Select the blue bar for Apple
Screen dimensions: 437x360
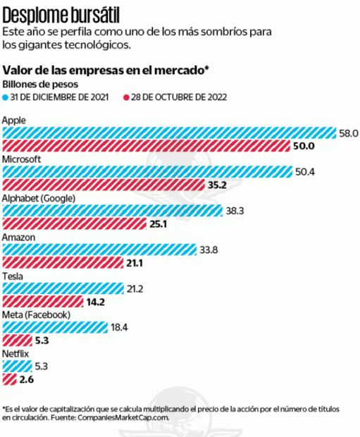coord(169,133)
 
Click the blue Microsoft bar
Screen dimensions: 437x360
coord(147,171)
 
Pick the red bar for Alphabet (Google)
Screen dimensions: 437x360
coord(75,224)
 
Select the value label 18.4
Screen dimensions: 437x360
coord(119,327)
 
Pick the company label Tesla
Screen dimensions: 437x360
coord(14,276)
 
